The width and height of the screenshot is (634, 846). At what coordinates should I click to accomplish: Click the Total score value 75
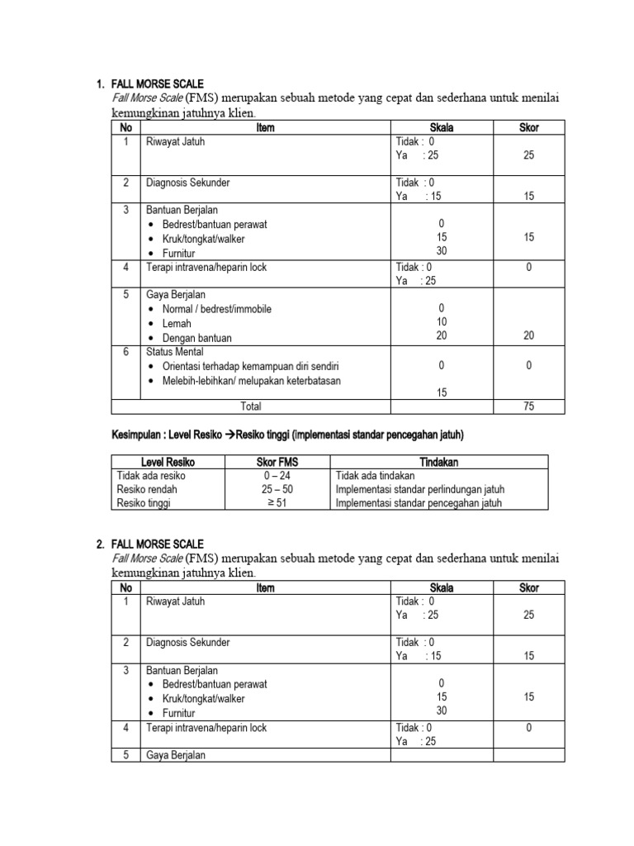tap(528, 406)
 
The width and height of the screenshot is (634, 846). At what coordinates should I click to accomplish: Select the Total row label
tap(250, 406)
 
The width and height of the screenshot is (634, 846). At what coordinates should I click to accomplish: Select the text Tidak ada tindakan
tap(376, 476)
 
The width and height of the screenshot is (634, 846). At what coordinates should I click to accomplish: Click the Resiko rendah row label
tap(147, 489)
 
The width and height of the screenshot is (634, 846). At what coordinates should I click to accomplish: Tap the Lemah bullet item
tap(176, 324)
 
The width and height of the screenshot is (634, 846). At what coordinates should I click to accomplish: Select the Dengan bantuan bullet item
tap(196, 338)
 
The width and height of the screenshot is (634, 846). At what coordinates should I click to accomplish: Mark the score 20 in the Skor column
tap(528, 336)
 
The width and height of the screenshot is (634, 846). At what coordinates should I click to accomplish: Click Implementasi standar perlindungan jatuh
tap(419, 489)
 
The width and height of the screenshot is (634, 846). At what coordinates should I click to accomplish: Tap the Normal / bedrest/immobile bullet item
tap(216, 309)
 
